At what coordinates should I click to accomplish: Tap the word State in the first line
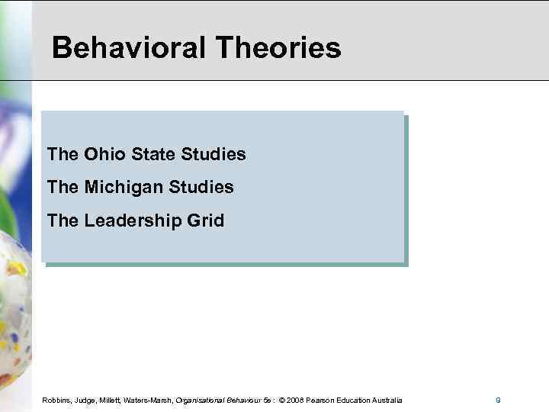point(152,154)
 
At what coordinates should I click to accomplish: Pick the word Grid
point(207,220)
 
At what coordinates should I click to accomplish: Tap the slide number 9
point(498,401)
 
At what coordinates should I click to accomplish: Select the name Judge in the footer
point(86,401)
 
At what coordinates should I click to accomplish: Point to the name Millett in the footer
point(113,401)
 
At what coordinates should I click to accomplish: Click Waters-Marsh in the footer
point(151,401)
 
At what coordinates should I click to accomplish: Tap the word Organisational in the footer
point(201,401)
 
